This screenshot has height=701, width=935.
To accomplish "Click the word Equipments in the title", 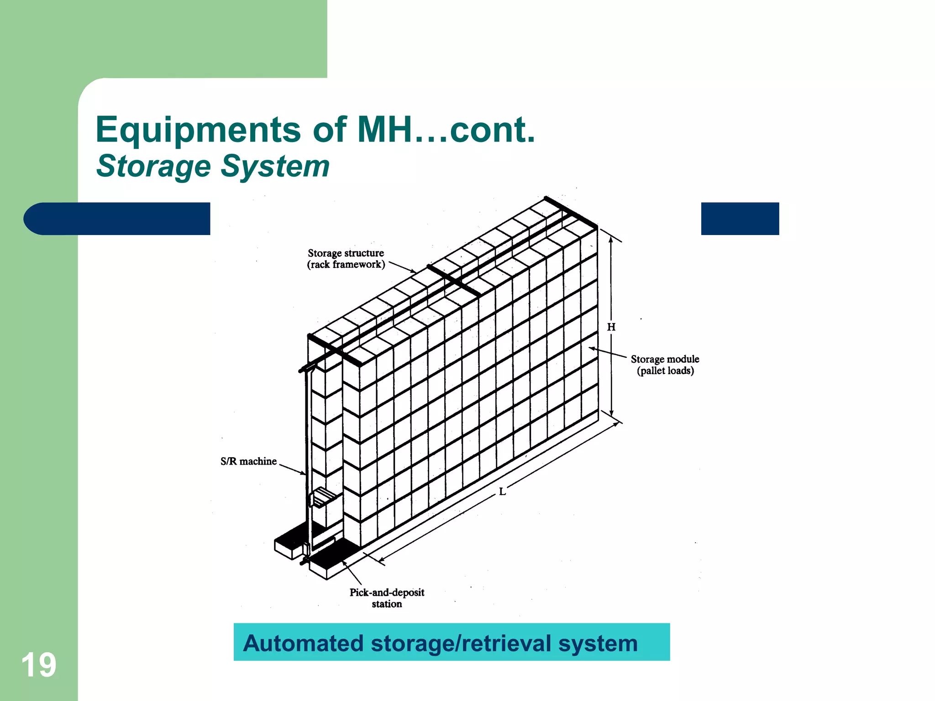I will [x=198, y=130].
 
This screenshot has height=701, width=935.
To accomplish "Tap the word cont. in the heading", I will [x=492, y=130].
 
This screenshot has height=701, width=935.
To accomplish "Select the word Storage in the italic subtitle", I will [x=153, y=166].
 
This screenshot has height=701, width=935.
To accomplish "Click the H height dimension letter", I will [x=611, y=327].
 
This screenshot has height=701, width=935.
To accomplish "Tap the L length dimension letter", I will [x=502, y=492].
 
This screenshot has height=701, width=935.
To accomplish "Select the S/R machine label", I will [x=248, y=461].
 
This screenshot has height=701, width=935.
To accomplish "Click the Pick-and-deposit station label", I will [x=387, y=598].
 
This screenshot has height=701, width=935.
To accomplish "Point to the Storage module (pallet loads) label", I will [x=665, y=365].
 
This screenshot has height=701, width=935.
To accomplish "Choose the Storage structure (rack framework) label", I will [x=346, y=259].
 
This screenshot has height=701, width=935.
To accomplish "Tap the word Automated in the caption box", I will [x=303, y=643].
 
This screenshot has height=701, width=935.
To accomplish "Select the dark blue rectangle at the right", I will [x=740, y=219].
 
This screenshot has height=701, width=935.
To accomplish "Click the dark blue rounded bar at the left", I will [x=117, y=219].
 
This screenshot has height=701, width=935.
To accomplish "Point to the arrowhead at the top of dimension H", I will [x=611, y=236].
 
